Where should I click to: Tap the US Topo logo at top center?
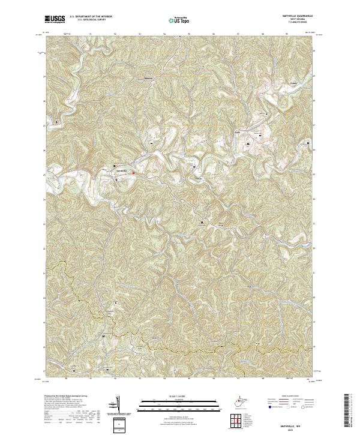coord(177,20)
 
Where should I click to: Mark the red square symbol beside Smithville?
coord(134,175)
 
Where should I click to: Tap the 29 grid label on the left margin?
coord(44,77)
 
